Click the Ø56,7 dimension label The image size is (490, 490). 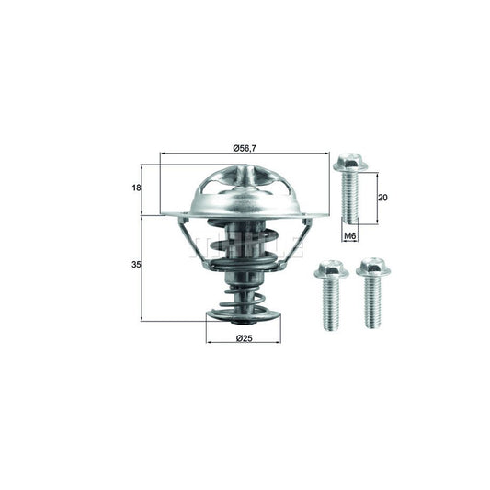tap(244, 147)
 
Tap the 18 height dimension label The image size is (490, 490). tap(135, 188)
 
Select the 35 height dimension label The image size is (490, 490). tap(135, 265)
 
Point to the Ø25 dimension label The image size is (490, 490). tap(245, 339)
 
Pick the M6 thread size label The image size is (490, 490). tap(349, 236)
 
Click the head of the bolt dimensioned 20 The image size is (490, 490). tap(350, 165)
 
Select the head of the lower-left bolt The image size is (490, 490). tap(329, 269)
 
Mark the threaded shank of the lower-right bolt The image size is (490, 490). tap(373, 302)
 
